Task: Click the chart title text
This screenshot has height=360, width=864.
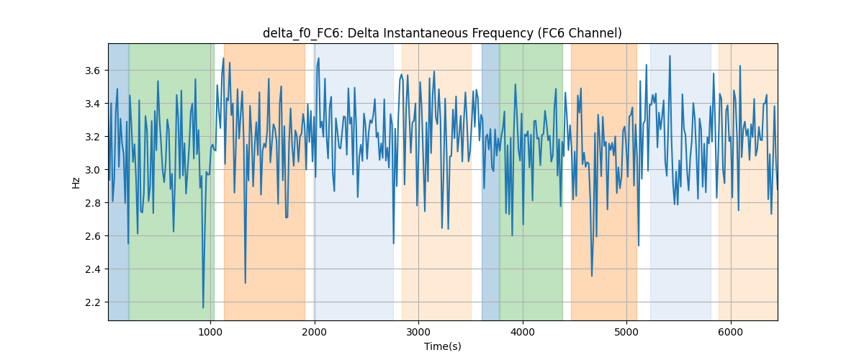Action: [442, 33]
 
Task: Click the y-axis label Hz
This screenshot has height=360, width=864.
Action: [76, 183]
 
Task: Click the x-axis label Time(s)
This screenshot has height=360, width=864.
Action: [442, 346]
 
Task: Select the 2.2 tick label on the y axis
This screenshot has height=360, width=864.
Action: [93, 302]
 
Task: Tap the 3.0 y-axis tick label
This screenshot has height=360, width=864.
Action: [93, 170]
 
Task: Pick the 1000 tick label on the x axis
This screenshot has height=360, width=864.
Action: [210, 332]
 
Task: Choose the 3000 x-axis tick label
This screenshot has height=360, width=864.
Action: [418, 332]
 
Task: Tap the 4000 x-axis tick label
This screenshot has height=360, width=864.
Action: [523, 332]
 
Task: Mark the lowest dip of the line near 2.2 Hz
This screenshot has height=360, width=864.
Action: [203, 307]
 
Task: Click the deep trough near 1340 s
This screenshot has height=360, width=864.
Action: [246, 283]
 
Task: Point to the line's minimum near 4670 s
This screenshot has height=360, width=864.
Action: [592, 276]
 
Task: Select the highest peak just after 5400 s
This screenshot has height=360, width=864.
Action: [670, 56]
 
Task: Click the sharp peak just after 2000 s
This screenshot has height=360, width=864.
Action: [318, 58]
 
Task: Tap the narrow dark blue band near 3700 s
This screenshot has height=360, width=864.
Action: [490, 181]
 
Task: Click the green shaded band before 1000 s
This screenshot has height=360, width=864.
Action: [171, 181]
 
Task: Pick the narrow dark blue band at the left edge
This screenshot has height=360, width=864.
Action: [119, 181]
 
